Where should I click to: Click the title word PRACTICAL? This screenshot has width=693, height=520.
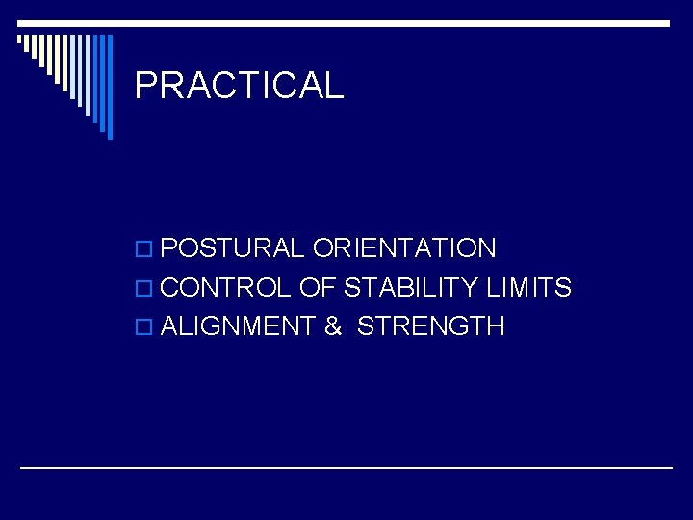[239, 87]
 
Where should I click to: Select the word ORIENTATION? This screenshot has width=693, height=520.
[404, 248]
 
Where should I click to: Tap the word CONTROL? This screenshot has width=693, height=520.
[225, 287]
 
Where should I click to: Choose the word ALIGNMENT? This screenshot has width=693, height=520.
[238, 326]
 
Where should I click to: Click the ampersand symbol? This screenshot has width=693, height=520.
[333, 326]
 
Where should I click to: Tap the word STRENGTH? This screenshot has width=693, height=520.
[430, 326]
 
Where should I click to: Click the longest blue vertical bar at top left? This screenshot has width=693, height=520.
[109, 87]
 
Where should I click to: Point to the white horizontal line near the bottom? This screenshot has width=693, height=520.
[346, 467]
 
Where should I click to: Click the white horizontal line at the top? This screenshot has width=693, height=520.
[346, 22]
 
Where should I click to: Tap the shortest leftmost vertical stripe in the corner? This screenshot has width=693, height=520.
[19, 40]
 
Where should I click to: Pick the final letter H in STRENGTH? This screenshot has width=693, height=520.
[495, 326]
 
